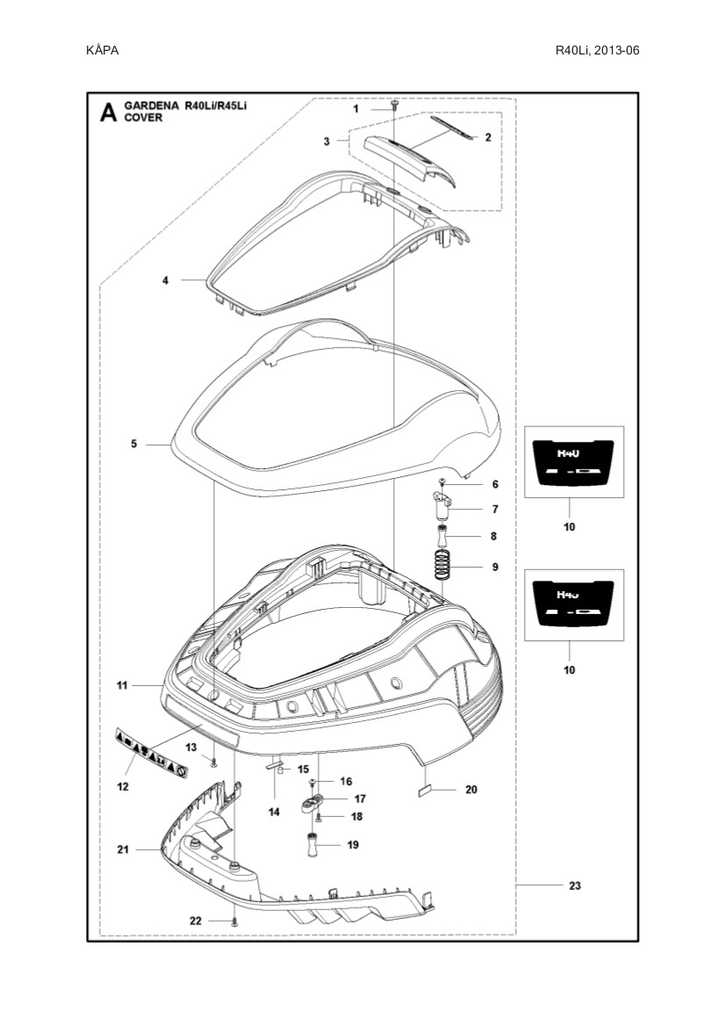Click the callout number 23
coord(575,886)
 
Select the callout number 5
coord(133,445)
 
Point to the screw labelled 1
coord(394,106)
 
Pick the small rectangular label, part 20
coord(426,790)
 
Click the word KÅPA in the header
coord(103,50)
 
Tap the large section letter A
coord(107,112)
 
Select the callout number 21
coord(123,850)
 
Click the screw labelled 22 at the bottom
coord(234,921)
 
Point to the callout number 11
coord(122,684)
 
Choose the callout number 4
coord(164,280)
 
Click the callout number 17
coord(360,799)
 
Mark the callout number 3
coord(327,141)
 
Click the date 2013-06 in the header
coord(616,50)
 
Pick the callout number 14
coord(274,813)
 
